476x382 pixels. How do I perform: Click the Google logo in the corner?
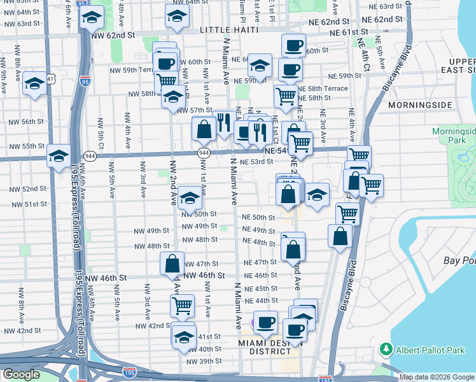[21, 374]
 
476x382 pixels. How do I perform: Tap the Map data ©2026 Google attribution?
[437, 377]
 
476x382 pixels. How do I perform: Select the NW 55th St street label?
[24, 146]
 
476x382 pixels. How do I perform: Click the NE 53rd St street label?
[256, 162]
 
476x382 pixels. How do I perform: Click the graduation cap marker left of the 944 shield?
[59, 156]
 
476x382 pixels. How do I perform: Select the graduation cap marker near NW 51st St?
[189, 199]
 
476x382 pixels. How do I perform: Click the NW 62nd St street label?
[114, 36]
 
